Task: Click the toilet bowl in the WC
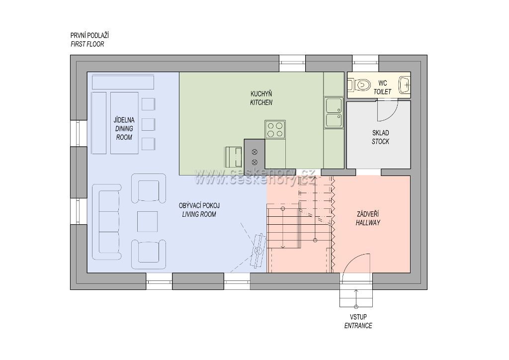click(360, 86)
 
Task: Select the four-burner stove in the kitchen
click(275, 129)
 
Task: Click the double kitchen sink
click(334, 112)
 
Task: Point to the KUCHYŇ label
click(261, 94)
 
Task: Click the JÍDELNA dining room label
click(124, 120)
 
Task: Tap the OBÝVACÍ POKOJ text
click(199, 205)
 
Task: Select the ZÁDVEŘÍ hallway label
click(368, 214)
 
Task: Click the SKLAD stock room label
click(380, 133)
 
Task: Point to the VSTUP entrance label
click(358, 317)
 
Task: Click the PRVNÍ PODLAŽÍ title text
click(89, 35)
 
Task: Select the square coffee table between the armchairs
click(147, 221)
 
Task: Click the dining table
click(124, 123)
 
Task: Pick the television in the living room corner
click(258, 250)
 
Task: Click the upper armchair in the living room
click(148, 188)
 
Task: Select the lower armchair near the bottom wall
click(148, 255)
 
